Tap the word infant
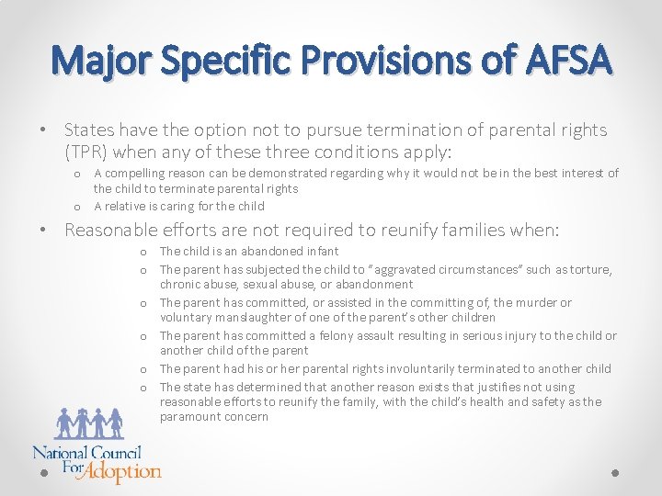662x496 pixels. pos(322,251)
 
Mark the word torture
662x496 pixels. pos(591,269)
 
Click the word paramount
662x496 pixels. pos(191,416)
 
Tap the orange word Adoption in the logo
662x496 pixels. pos(123,472)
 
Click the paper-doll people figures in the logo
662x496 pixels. pos(89,422)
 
